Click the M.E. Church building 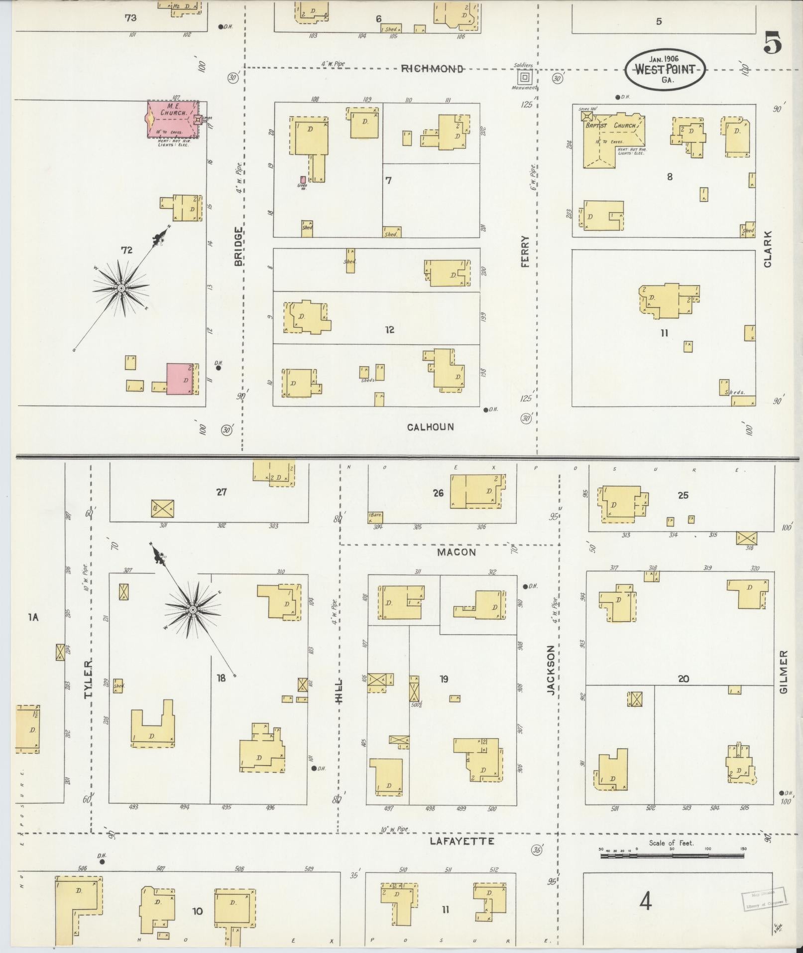172,120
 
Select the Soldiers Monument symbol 524,77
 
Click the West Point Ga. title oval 665,70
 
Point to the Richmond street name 432,69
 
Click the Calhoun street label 431,427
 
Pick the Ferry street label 525,252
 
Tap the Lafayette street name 462,841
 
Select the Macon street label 457,552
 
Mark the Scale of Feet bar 672,856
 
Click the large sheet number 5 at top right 772,44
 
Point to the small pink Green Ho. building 303,180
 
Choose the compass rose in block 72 121,288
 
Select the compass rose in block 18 192,609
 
